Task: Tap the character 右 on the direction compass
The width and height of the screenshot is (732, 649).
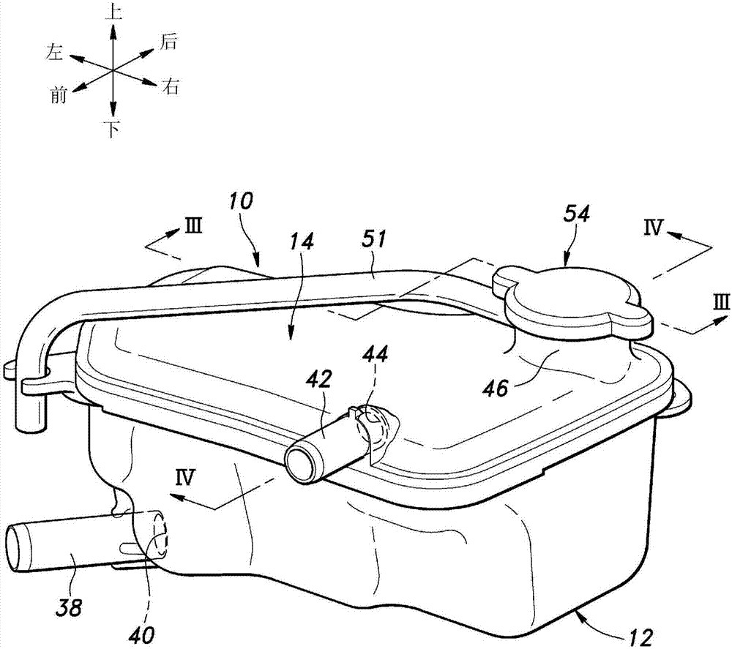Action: tap(171, 88)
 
